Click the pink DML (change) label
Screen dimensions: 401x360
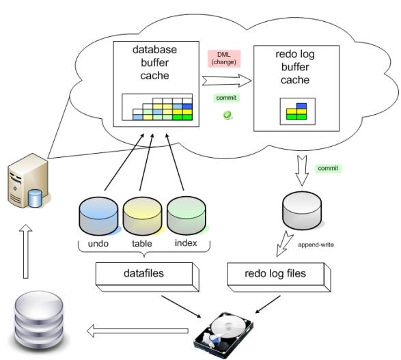[224, 59]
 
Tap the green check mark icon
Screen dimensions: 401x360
[227, 115]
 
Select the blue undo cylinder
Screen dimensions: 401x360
[99, 216]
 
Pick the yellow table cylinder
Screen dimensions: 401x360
[143, 216]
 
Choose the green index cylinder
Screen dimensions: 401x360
[186, 216]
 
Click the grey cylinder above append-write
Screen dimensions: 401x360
[302, 210]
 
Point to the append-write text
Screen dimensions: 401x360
[316, 245]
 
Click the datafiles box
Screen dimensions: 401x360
[148, 277]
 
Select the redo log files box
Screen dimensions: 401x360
[279, 277]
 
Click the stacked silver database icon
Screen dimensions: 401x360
[39, 321]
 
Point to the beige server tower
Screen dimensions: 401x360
[28, 180]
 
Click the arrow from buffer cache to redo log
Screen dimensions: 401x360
[227, 81]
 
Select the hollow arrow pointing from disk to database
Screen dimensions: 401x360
[138, 331]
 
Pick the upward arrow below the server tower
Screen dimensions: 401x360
[25, 251]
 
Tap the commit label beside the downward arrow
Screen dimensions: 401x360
[328, 168]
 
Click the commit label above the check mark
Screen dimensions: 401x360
[226, 98]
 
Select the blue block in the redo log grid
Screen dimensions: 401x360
[301, 106]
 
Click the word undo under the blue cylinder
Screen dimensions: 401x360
[98, 243]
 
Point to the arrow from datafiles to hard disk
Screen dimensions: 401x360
[181, 307]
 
